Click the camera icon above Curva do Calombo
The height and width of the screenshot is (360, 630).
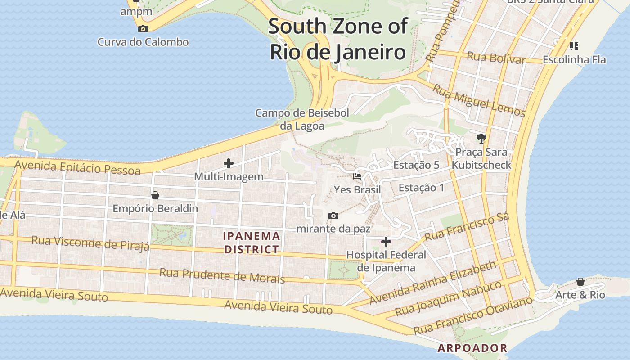(x=143, y=29)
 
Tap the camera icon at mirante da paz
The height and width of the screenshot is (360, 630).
(x=333, y=216)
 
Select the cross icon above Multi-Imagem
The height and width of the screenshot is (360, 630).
(x=229, y=163)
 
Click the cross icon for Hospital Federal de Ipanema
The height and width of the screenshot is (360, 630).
(x=386, y=242)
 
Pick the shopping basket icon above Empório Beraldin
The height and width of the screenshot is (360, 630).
(x=155, y=195)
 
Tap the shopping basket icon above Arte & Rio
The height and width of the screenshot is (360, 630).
(x=580, y=282)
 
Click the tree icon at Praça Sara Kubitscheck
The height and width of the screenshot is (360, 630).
(x=481, y=138)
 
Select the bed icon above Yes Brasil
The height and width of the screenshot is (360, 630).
(x=357, y=176)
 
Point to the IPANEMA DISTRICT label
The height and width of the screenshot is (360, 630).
(x=252, y=243)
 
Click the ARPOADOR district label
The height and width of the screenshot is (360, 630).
(x=472, y=348)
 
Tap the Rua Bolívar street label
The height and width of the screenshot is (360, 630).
(x=496, y=58)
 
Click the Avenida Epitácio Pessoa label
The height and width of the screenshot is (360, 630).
(x=77, y=167)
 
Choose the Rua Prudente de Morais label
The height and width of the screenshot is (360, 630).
(x=222, y=275)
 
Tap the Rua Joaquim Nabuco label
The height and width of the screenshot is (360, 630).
(x=448, y=298)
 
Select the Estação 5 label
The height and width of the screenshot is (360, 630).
(x=416, y=165)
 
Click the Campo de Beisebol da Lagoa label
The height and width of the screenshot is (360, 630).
(x=302, y=119)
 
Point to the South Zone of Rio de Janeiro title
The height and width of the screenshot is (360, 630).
(x=338, y=39)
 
